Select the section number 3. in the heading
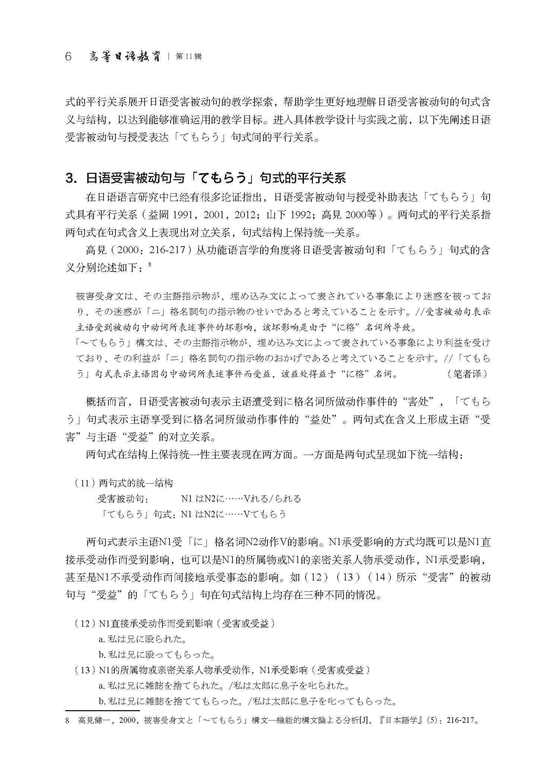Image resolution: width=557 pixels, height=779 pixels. (x=70, y=178)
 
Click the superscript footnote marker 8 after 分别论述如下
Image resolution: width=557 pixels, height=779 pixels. (x=149, y=265)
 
